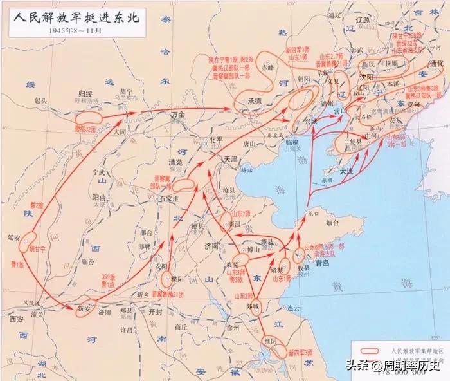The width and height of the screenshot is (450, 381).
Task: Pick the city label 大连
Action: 347,171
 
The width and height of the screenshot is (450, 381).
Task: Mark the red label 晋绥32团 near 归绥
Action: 86,129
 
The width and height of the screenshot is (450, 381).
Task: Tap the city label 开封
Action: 156,311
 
